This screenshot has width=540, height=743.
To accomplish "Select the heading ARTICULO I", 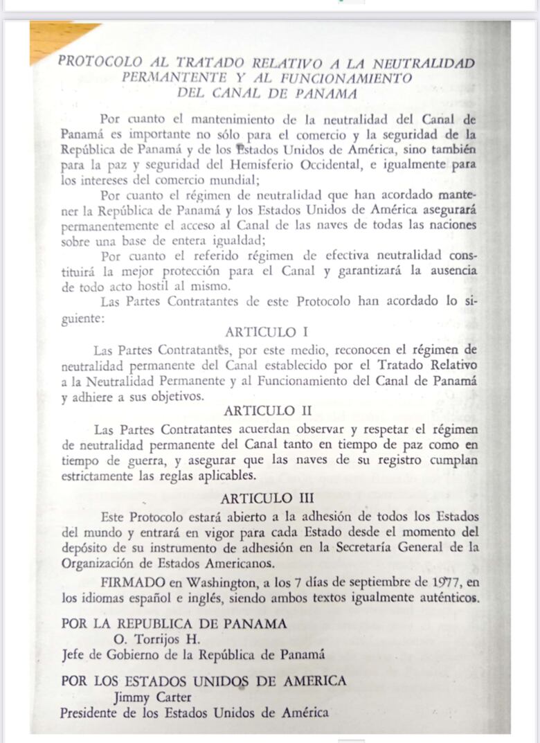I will click(271, 332).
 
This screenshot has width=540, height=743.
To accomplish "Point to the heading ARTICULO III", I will click(267, 498).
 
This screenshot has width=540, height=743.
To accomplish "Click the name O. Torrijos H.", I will click(152, 638).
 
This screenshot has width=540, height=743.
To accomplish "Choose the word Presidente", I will click(89, 712).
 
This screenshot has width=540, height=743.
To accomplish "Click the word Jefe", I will click(73, 653).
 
